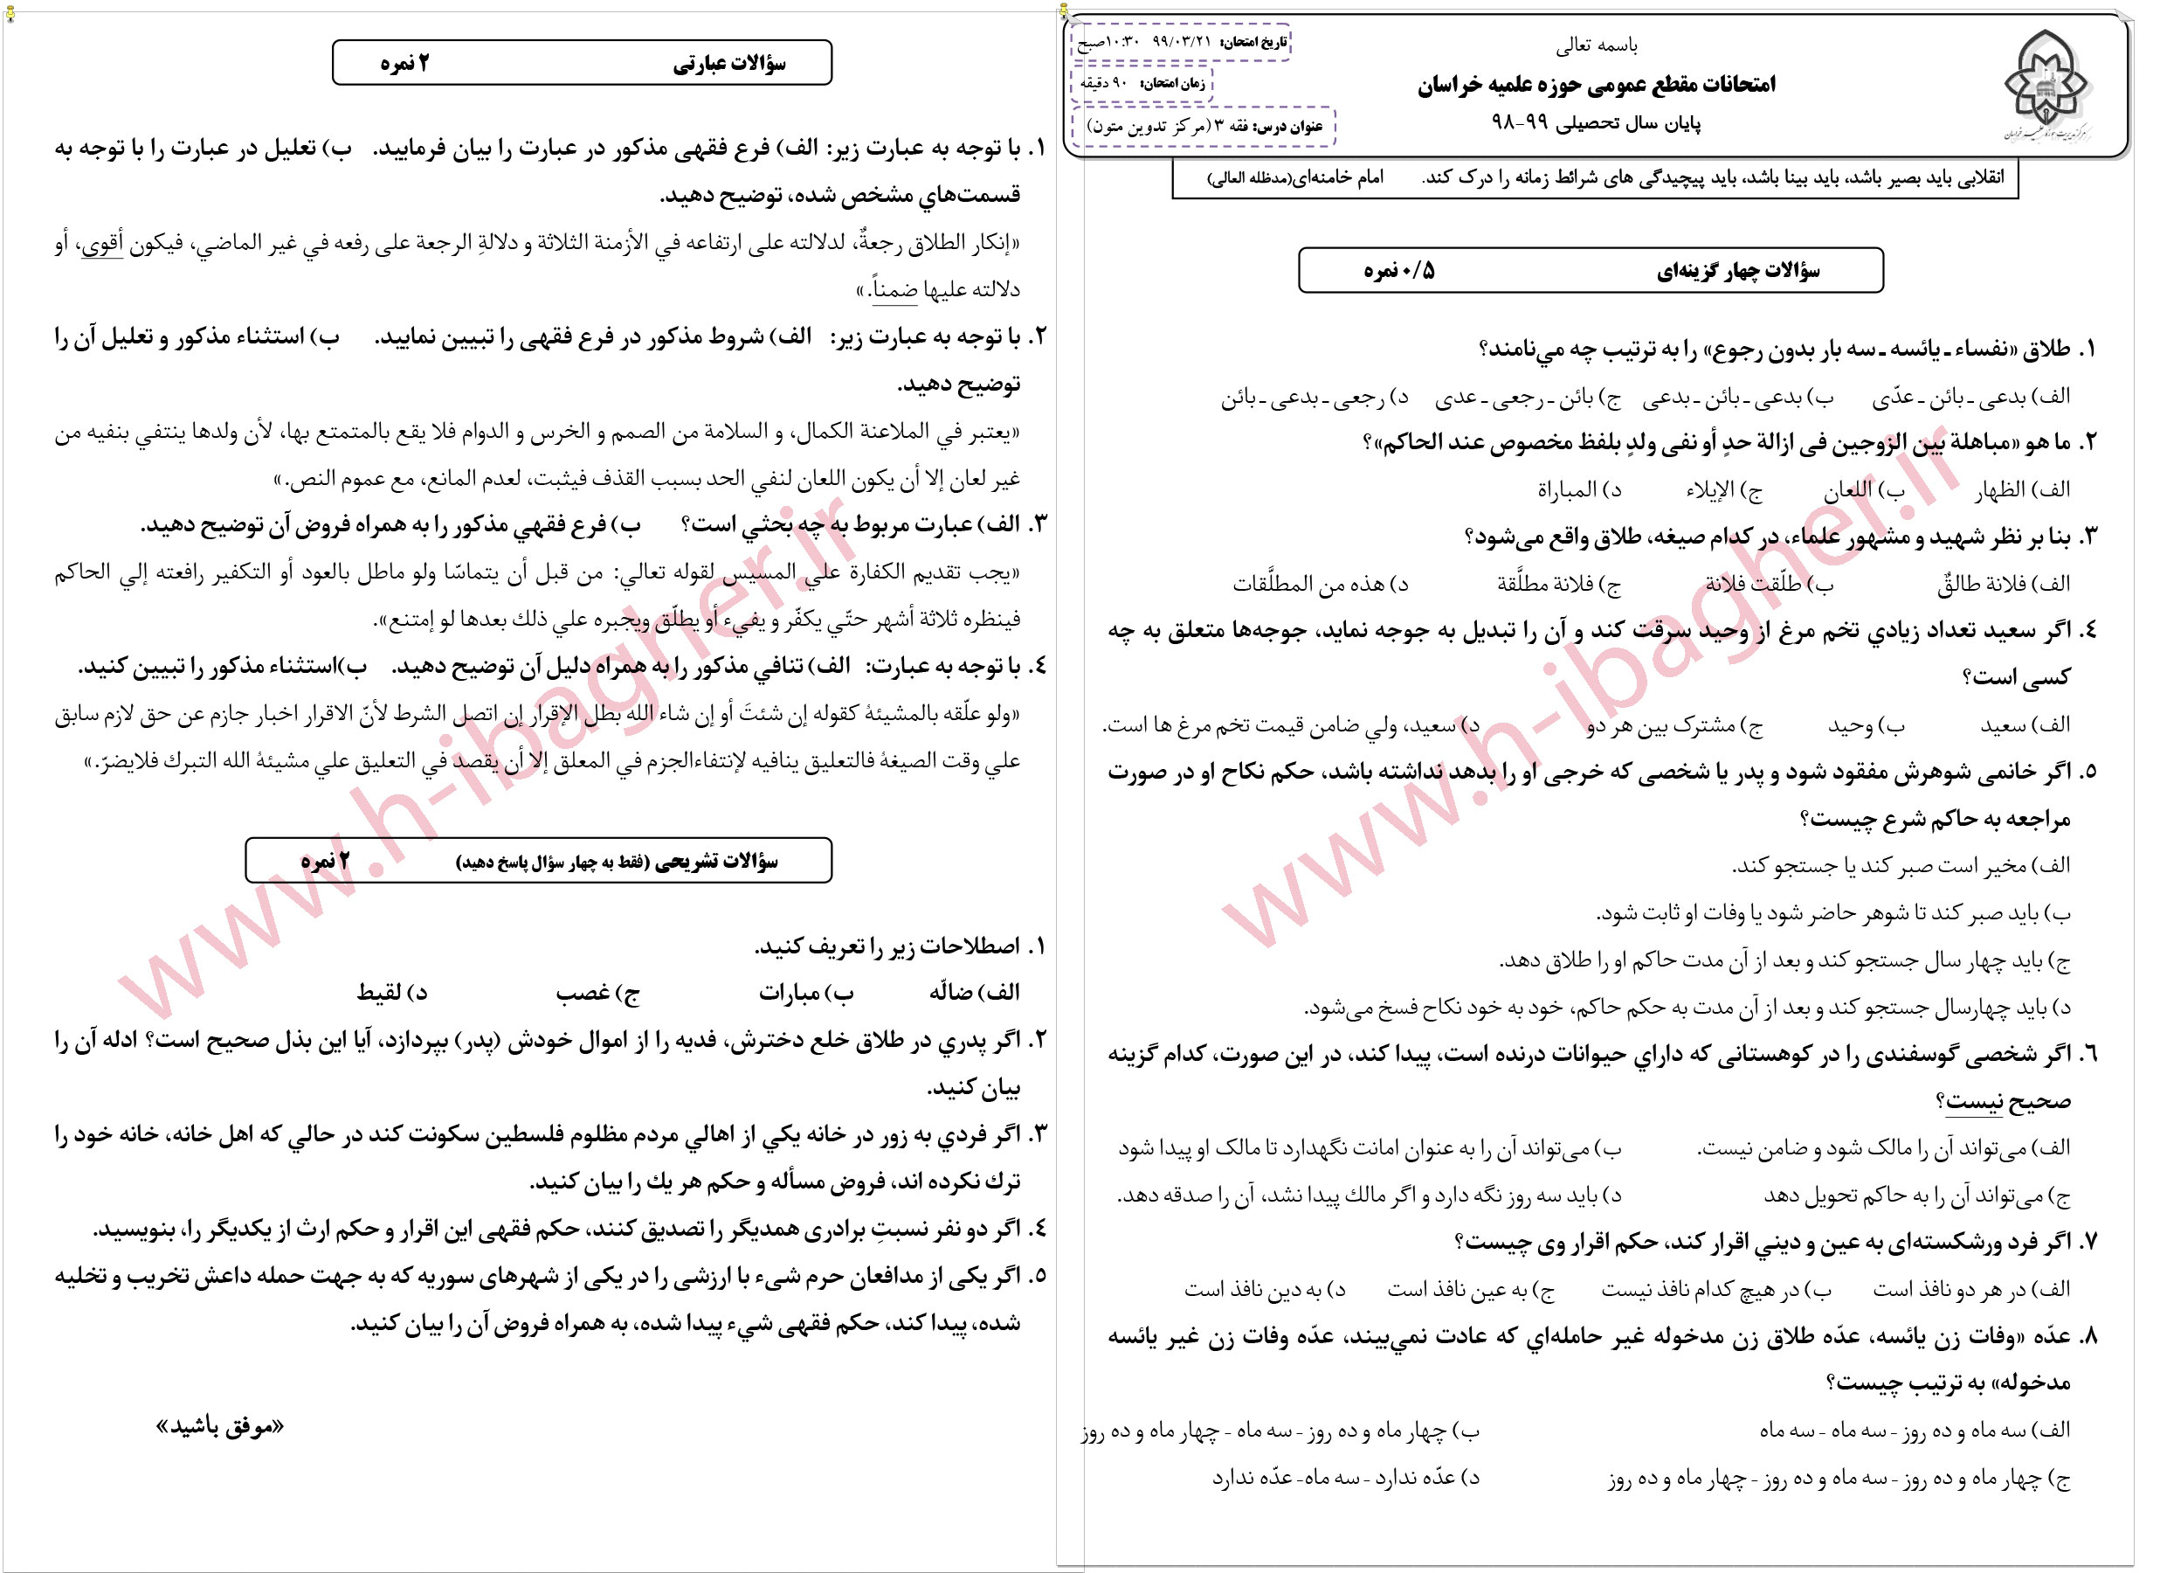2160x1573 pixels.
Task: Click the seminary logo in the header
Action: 2047,86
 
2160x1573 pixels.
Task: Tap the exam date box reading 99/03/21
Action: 1181,42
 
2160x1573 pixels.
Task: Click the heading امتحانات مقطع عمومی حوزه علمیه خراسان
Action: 1596,85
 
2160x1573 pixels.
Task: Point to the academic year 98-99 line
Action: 1595,124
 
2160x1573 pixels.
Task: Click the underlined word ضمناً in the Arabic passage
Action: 894,289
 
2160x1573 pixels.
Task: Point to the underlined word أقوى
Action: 102,244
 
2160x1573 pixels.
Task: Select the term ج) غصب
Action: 597,993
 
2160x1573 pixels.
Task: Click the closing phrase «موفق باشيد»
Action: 220,1426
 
